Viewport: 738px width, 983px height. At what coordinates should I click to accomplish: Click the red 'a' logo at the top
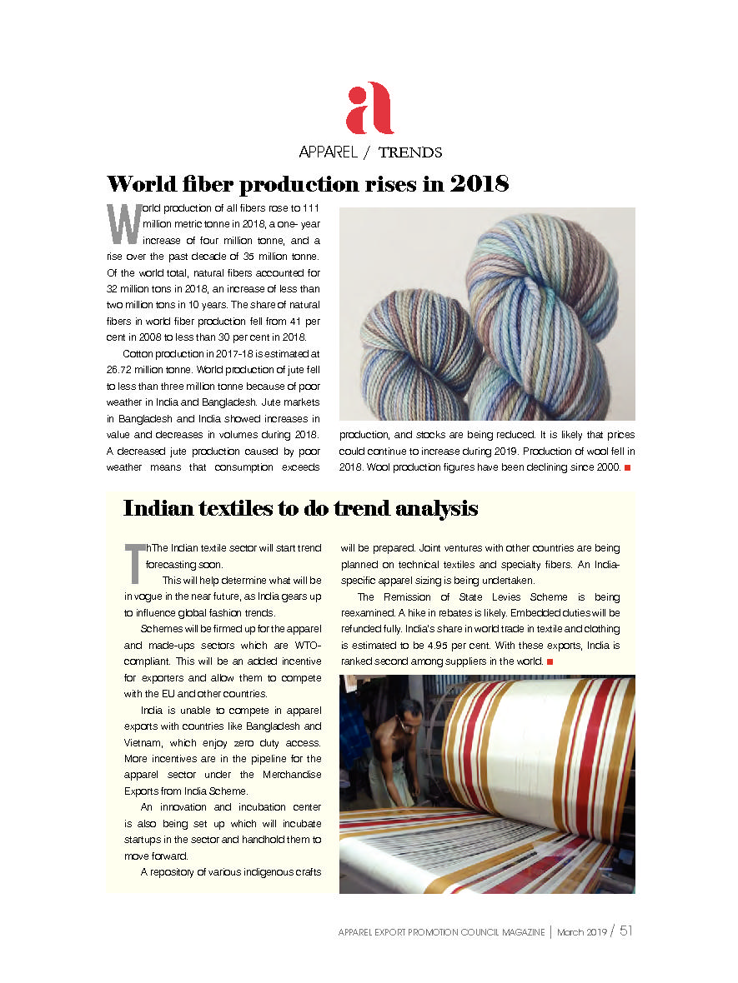369,108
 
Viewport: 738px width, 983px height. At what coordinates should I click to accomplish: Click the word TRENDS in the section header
409,152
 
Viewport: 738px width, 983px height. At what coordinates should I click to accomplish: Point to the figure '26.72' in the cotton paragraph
123,370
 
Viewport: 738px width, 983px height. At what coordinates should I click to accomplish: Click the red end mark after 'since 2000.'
627,467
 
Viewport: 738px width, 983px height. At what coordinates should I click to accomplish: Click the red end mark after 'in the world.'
550,661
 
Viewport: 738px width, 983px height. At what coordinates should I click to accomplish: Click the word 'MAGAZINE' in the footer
517,932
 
